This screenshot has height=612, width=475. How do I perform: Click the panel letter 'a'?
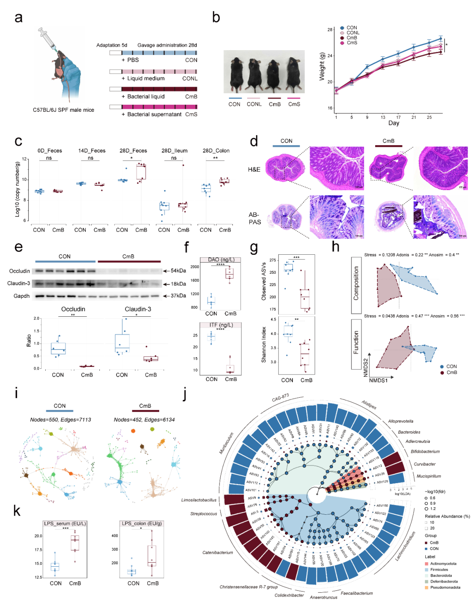(x=18, y=18)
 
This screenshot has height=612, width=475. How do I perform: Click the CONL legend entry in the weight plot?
(x=353, y=33)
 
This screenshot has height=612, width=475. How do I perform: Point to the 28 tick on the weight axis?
(x=330, y=30)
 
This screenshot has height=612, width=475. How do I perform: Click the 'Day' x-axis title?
(x=394, y=123)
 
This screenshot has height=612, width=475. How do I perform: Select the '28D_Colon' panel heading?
(x=216, y=150)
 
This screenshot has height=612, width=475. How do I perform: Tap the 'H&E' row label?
(x=254, y=169)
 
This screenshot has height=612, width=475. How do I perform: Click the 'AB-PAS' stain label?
(x=255, y=218)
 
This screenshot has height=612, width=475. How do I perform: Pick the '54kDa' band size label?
(x=178, y=271)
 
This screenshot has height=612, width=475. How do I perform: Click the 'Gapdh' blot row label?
(x=22, y=296)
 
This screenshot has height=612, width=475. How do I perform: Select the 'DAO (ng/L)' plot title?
(x=221, y=260)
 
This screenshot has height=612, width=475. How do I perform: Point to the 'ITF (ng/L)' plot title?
(x=221, y=325)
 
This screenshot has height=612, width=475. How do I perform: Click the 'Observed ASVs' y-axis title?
(x=264, y=279)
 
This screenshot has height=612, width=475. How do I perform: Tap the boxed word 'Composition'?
(x=356, y=283)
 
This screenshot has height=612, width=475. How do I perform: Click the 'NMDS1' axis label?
(x=378, y=380)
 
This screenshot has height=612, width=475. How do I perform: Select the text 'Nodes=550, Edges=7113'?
(x=61, y=420)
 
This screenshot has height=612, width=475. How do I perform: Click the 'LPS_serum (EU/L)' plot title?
(x=65, y=524)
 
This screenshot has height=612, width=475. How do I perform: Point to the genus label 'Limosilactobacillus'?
(x=199, y=500)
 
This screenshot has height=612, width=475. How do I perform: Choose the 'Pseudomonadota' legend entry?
(x=445, y=587)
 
